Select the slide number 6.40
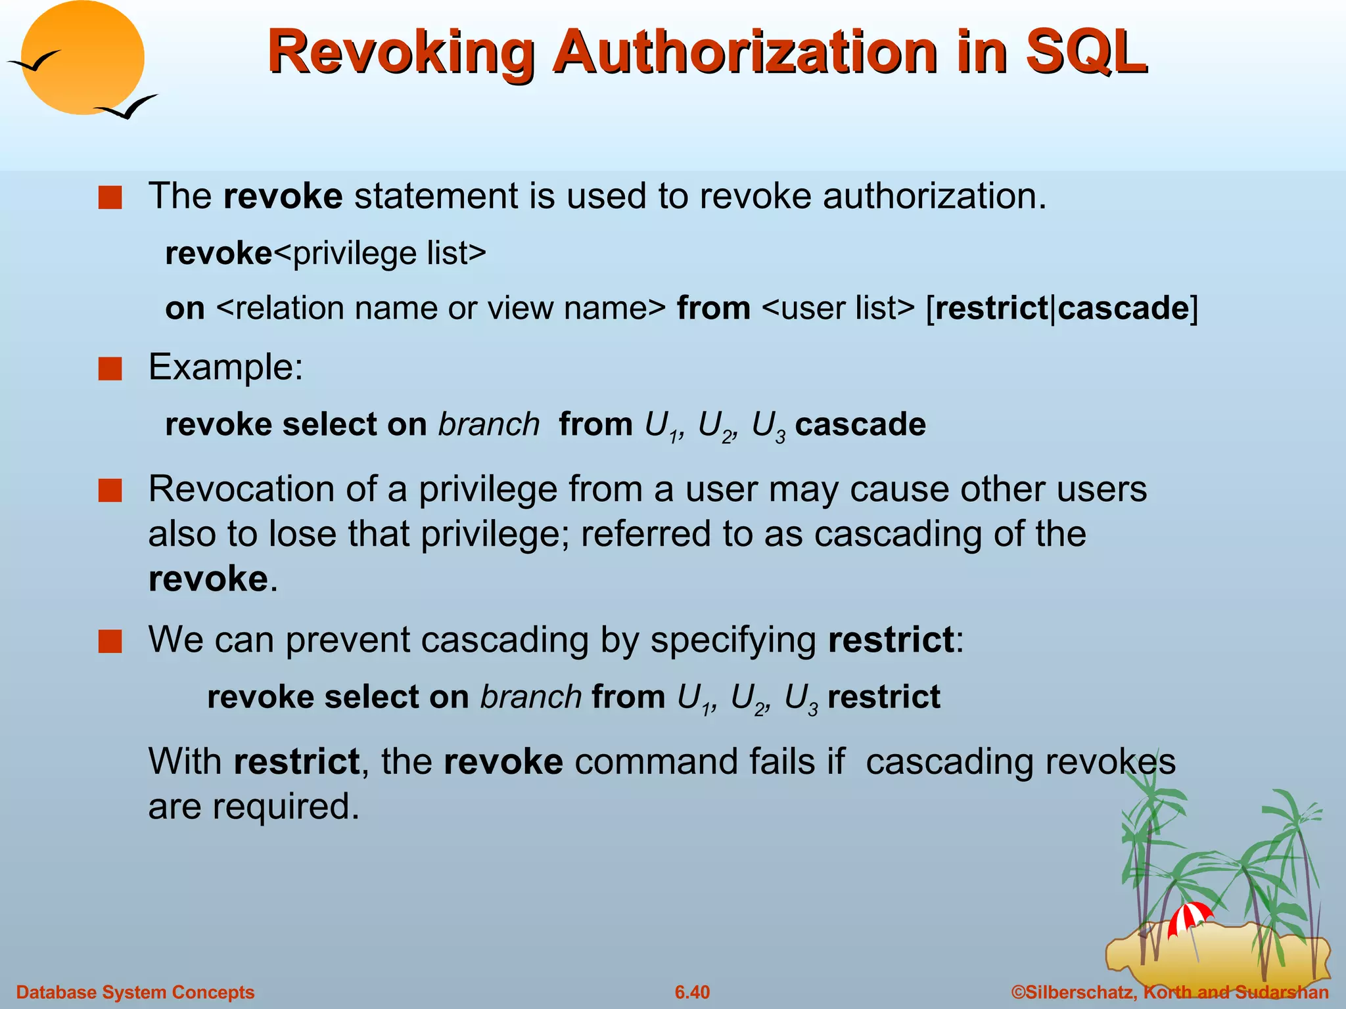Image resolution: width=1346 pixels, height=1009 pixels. click(x=692, y=992)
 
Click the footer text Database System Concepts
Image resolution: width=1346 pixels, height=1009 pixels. click(x=135, y=992)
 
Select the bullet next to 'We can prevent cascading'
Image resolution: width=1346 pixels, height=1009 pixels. click(x=110, y=641)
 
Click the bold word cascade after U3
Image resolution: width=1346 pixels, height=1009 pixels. click(x=860, y=424)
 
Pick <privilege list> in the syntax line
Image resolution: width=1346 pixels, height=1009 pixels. click(x=379, y=254)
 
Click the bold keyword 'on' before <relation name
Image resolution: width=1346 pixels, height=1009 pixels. click(x=185, y=309)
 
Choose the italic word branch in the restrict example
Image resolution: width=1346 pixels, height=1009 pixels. click(x=530, y=697)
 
